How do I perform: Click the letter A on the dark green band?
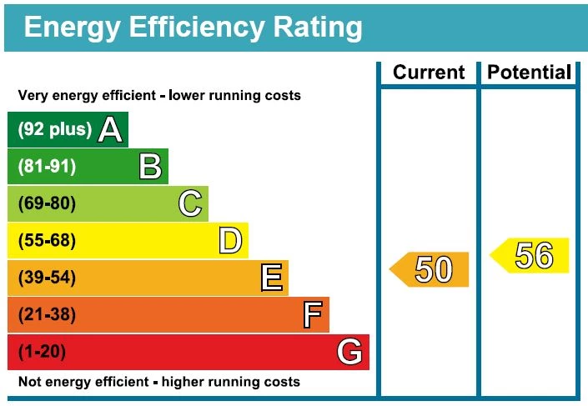[x=111, y=129]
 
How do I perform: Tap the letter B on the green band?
[x=150, y=167]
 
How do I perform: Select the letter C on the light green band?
[x=190, y=203]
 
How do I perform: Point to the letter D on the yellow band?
[x=230, y=241]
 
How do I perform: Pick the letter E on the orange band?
[x=271, y=278]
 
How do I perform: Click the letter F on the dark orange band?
[x=312, y=315]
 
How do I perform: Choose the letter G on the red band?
[x=350, y=352]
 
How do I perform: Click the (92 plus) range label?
[x=54, y=129]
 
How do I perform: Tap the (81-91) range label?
[x=47, y=167]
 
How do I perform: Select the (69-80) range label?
[x=47, y=203]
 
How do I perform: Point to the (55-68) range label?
[x=47, y=241]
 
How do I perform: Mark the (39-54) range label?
[x=47, y=278]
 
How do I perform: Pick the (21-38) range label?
[x=47, y=315]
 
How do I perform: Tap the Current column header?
[x=429, y=73]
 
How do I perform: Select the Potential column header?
[x=530, y=73]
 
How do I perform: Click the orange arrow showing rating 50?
[x=430, y=269]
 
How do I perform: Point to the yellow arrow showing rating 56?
[x=530, y=255]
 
